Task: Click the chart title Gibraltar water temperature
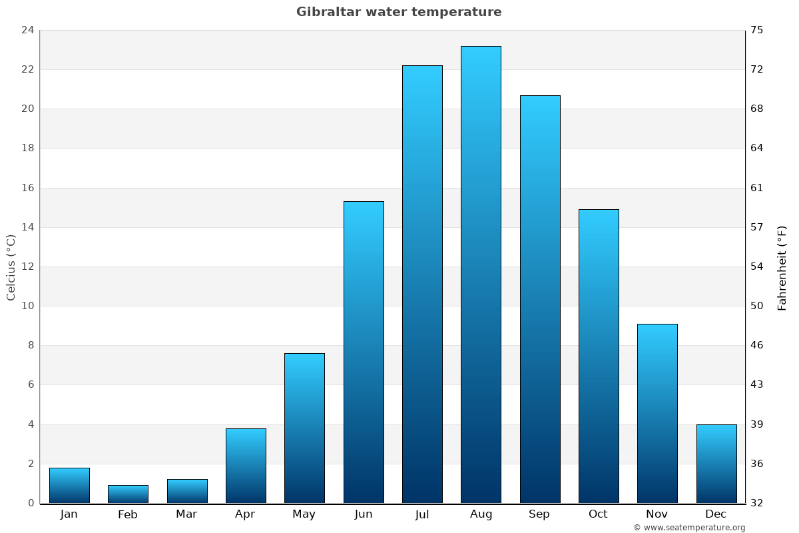click(399, 12)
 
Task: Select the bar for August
click(481, 274)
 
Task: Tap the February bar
click(128, 494)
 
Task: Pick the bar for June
click(364, 352)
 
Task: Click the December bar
click(716, 464)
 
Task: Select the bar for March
click(187, 491)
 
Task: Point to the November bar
click(657, 413)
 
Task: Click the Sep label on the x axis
click(539, 514)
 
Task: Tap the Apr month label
click(245, 514)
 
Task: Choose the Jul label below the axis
click(422, 514)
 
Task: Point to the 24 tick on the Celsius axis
click(27, 30)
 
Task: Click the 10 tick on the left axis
click(27, 306)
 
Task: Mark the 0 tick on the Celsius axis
click(31, 503)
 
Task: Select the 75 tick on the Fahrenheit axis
click(757, 30)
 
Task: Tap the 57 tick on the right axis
click(757, 227)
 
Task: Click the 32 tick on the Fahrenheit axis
click(757, 503)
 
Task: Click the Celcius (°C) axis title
click(11, 266)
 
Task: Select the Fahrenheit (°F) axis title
click(782, 267)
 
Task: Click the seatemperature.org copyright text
click(689, 528)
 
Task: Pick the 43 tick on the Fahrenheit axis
click(757, 384)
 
